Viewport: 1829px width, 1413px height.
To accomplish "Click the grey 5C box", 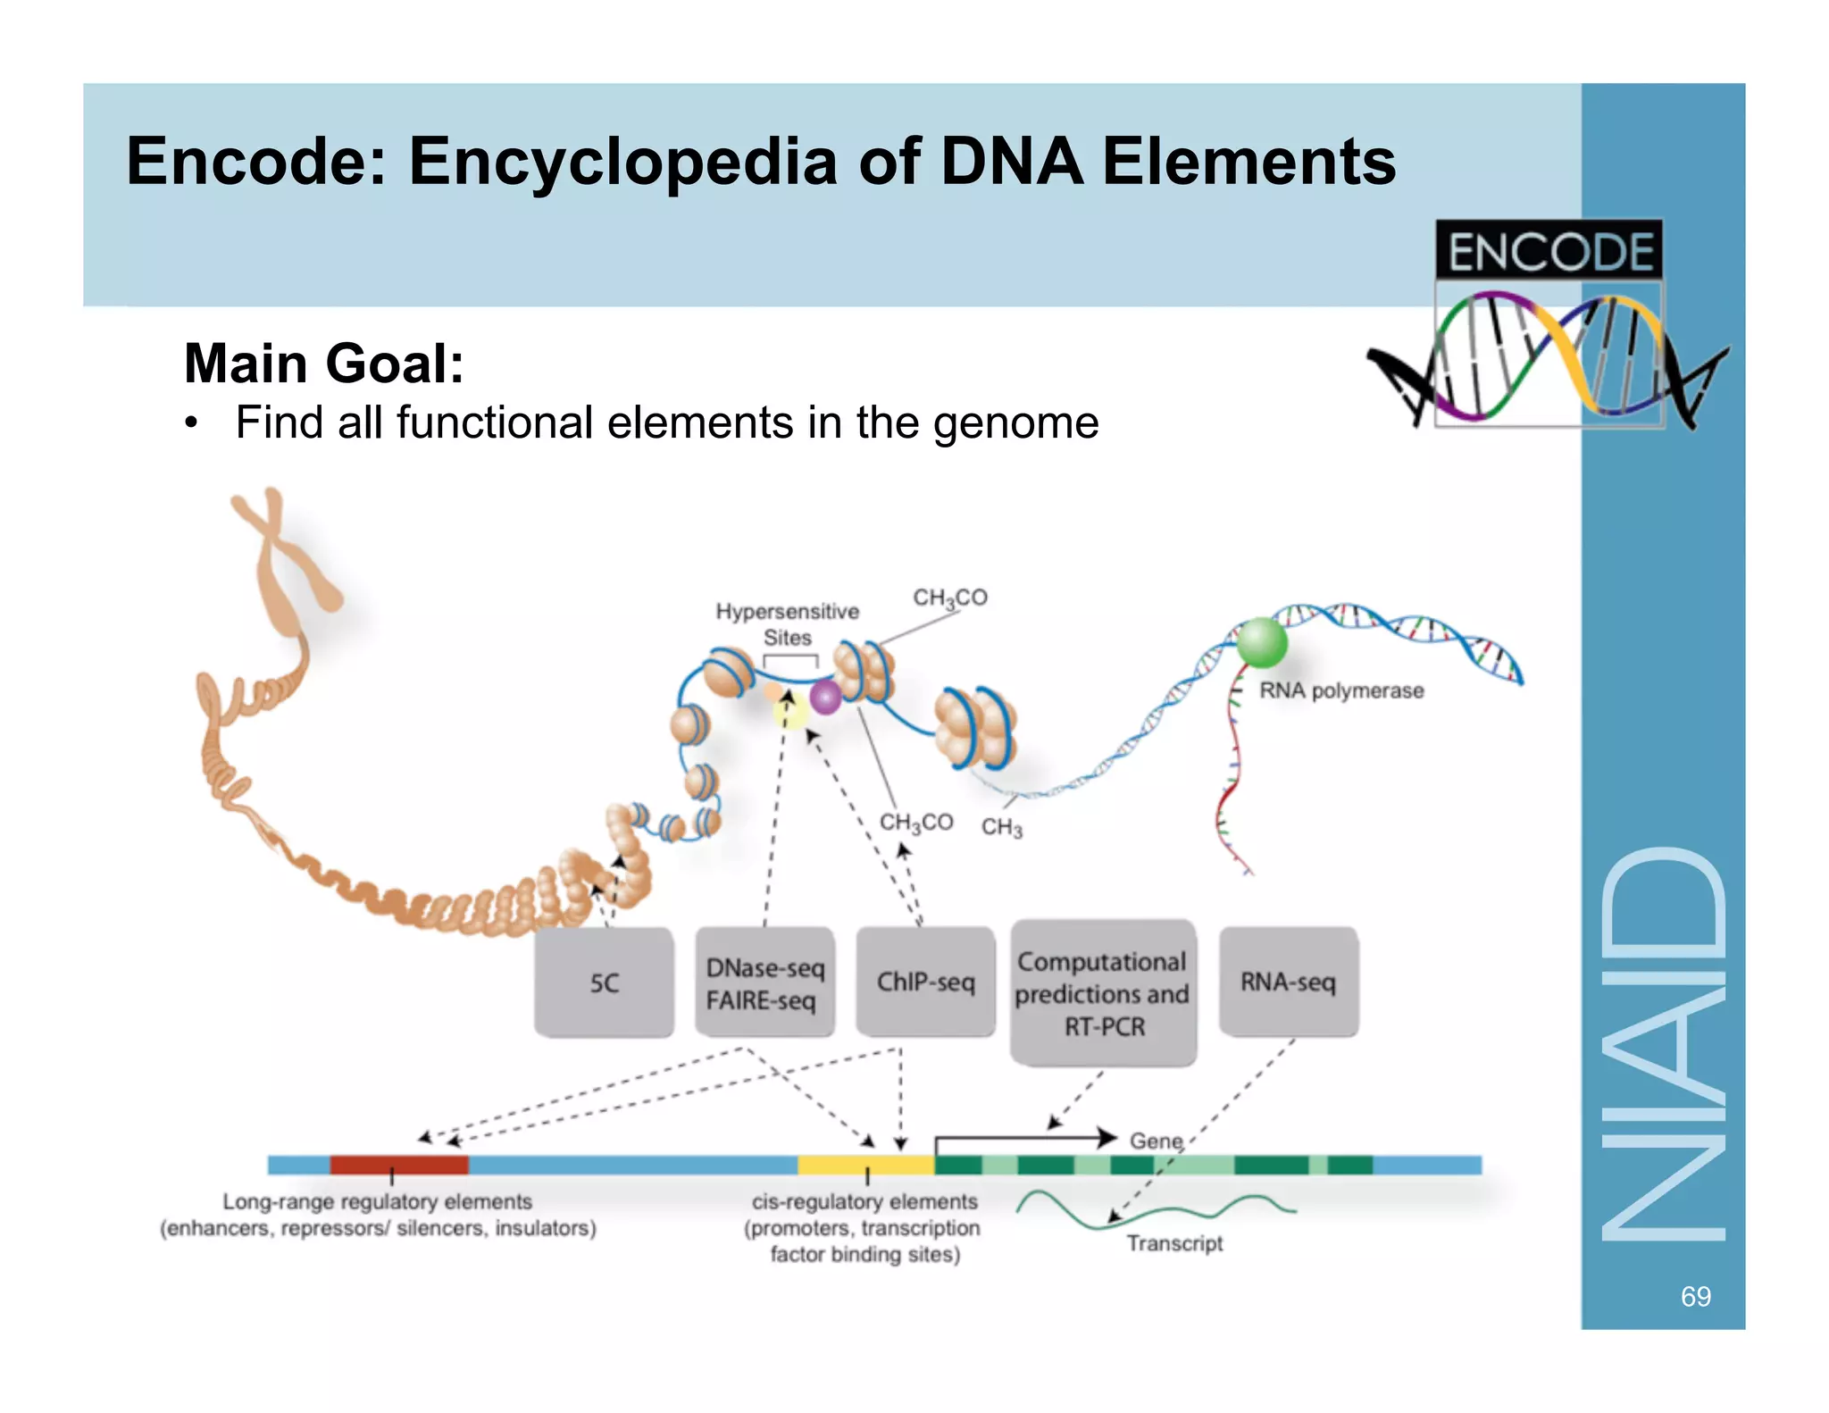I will [604, 982].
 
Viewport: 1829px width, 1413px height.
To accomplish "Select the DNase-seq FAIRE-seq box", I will [764, 982].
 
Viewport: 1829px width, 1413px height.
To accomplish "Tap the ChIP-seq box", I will [925, 982].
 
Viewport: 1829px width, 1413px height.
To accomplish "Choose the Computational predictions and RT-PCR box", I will [1103, 993].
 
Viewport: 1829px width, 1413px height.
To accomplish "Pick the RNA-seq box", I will [1288, 982].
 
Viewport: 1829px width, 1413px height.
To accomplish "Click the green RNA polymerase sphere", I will [1261, 642].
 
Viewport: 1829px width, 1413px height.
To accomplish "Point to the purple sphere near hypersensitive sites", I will [825, 697].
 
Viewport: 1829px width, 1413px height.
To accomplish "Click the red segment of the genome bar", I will [398, 1165].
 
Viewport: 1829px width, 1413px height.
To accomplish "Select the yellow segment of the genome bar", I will [865, 1165].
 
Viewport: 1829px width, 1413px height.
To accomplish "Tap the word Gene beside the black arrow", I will [1156, 1141].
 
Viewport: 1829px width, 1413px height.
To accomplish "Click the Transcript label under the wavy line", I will [1174, 1243].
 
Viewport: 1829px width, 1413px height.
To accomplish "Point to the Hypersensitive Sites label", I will [787, 623].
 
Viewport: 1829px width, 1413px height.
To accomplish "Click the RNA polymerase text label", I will [1340, 690].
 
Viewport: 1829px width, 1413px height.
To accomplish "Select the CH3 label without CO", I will [1001, 827].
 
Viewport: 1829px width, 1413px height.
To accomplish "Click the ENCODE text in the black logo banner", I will [1549, 251].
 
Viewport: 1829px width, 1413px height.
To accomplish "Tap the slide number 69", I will [1695, 1296].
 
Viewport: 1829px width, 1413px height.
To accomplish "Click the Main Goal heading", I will [323, 364].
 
